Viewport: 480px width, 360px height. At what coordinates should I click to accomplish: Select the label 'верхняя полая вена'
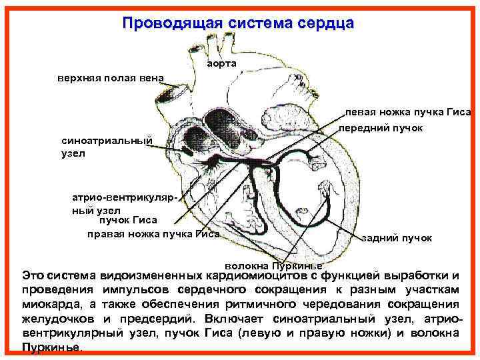pos(110,77)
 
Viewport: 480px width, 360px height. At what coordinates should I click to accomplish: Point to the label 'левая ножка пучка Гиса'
pos(408,111)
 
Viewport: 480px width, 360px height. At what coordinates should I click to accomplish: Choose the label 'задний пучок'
pos(397,237)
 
